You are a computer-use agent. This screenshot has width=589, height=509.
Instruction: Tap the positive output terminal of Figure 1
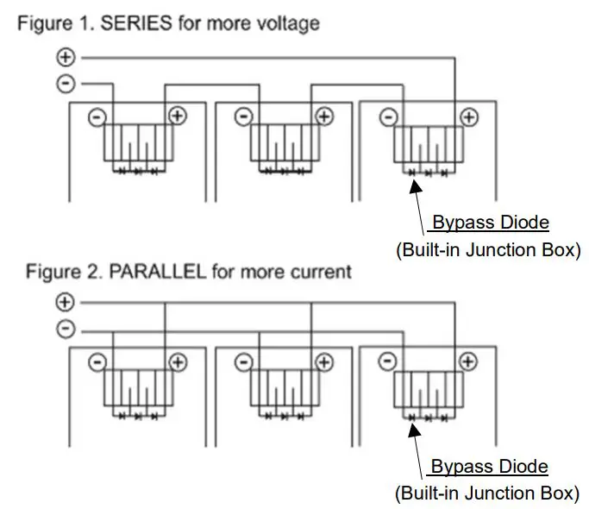[x=66, y=58]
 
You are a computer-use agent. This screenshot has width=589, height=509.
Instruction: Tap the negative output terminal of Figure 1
[x=66, y=84]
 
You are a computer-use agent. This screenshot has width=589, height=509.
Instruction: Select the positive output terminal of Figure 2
[x=66, y=302]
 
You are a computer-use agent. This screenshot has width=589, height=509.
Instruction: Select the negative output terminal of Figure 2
[x=66, y=330]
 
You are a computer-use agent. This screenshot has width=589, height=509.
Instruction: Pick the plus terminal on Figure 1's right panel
[x=468, y=116]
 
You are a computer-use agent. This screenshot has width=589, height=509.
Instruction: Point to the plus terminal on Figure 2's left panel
[x=177, y=361]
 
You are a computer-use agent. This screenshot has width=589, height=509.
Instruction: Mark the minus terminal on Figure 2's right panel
[x=389, y=361]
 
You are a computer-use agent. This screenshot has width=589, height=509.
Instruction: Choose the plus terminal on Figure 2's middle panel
[x=323, y=361]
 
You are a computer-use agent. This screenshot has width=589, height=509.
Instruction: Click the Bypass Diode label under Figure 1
[x=490, y=223]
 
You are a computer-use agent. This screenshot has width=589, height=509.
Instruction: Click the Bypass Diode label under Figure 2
[x=489, y=467]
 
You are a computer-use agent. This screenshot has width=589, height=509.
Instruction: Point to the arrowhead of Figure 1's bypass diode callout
[x=412, y=175]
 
